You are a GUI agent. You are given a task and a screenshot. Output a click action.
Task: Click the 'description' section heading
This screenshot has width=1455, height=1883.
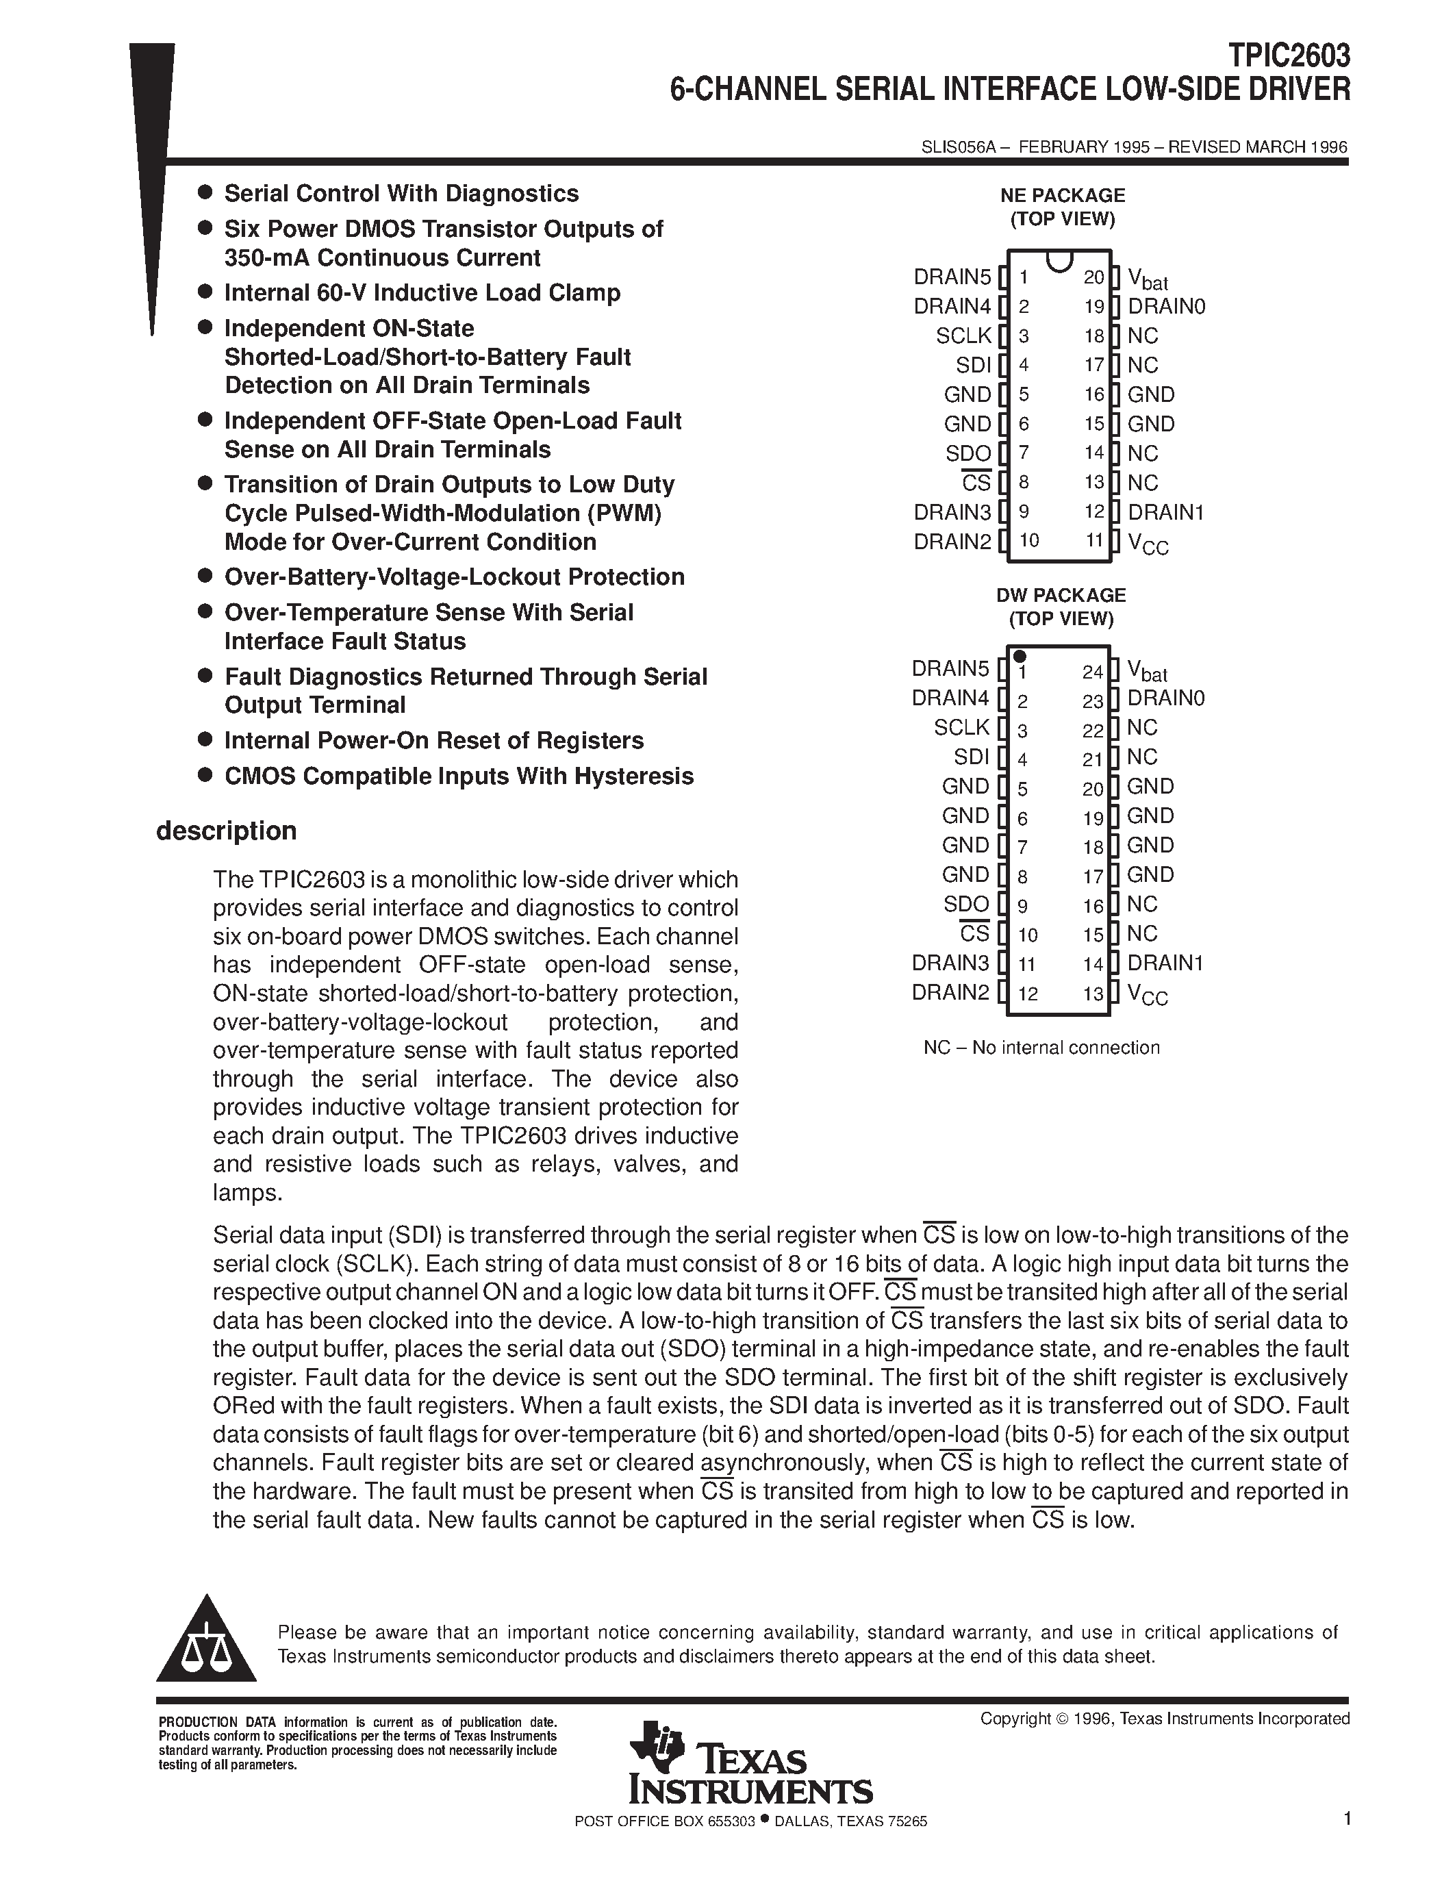click(x=226, y=831)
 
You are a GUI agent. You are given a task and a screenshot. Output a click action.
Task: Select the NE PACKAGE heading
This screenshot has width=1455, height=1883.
click(x=1062, y=196)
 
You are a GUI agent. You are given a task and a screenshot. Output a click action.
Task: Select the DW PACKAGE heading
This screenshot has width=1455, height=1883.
click(x=1061, y=596)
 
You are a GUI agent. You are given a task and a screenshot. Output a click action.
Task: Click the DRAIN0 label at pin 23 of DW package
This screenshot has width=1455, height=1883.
click(x=1165, y=698)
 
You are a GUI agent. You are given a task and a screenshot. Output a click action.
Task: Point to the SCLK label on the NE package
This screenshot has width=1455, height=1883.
click(x=963, y=336)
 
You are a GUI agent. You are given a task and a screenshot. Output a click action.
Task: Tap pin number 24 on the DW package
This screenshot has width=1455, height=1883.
click(x=1092, y=672)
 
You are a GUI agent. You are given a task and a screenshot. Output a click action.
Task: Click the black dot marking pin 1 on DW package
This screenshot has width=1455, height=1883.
click(x=1020, y=656)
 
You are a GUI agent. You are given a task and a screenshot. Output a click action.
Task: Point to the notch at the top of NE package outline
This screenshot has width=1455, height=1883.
click(x=1058, y=260)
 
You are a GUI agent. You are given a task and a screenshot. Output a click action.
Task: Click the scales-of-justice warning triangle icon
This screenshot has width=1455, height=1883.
click(x=206, y=1641)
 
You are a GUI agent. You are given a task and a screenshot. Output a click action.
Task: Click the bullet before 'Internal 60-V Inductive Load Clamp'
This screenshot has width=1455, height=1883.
click(x=205, y=292)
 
